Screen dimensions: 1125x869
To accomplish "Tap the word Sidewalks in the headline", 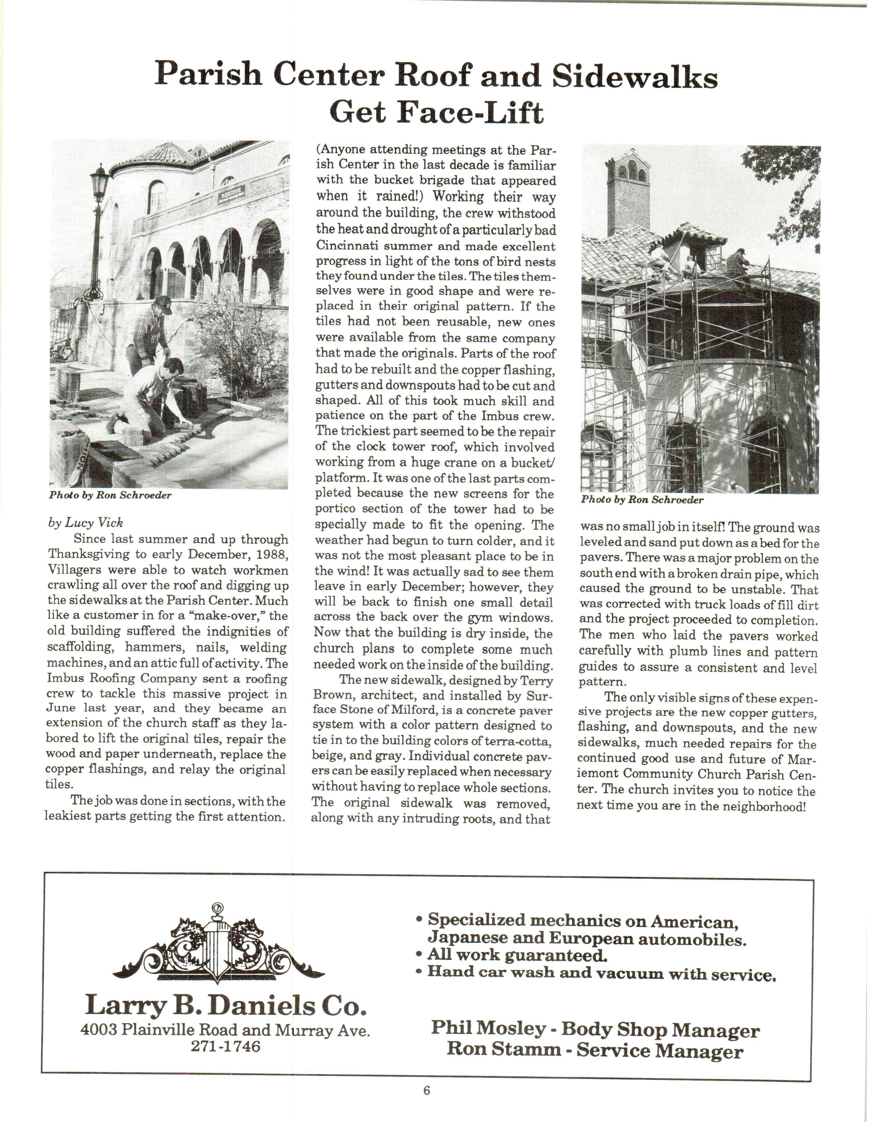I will [x=634, y=77].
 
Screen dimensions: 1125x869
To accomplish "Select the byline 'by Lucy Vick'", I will [x=86, y=523].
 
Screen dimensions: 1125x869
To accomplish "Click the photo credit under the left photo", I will [x=110, y=496].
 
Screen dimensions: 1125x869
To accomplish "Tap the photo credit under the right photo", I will [x=642, y=500].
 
